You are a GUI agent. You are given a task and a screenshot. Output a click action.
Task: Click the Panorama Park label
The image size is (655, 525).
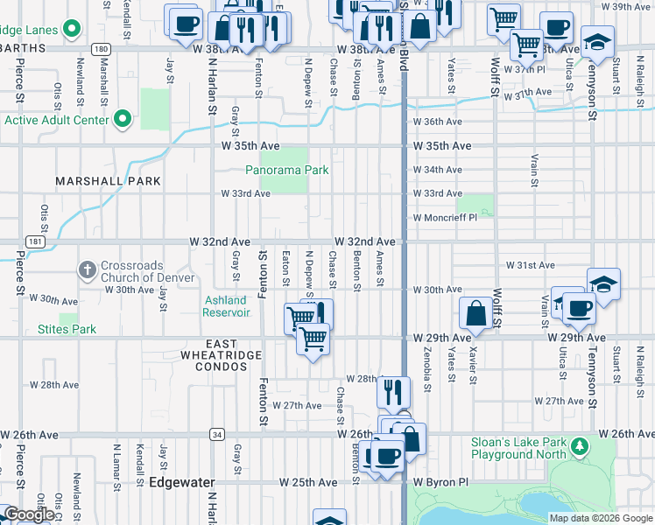pyautogui.click(x=286, y=170)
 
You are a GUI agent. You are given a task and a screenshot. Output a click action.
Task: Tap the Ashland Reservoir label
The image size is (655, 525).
pyautogui.click(x=225, y=306)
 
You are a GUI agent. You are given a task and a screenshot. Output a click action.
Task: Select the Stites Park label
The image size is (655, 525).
pyautogui.click(x=67, y=330)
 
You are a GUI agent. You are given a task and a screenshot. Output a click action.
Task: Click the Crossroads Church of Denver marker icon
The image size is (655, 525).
pyautogui.click(x=87, y=270)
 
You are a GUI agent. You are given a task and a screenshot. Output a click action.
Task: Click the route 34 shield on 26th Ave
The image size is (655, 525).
pyautogui.click(x=215, y=434)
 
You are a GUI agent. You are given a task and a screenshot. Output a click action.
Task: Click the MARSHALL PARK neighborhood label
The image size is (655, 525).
pyautogui.click(x=109, y=181)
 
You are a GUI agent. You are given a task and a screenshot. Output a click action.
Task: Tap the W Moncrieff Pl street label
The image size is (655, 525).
pyautogui.click(x=445, y=217)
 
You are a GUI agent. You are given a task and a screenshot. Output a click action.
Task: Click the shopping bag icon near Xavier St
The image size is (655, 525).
pyautogui.click(x=475, y=313)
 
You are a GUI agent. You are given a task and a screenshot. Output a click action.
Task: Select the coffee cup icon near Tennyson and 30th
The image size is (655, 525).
pyautogui.click(x=579, y=308)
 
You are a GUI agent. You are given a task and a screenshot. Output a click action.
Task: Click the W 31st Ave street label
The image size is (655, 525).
pyautogui.click(x=531, y=265)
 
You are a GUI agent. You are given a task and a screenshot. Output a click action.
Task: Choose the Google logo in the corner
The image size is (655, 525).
pyautogui.click(x=28, y=514)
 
